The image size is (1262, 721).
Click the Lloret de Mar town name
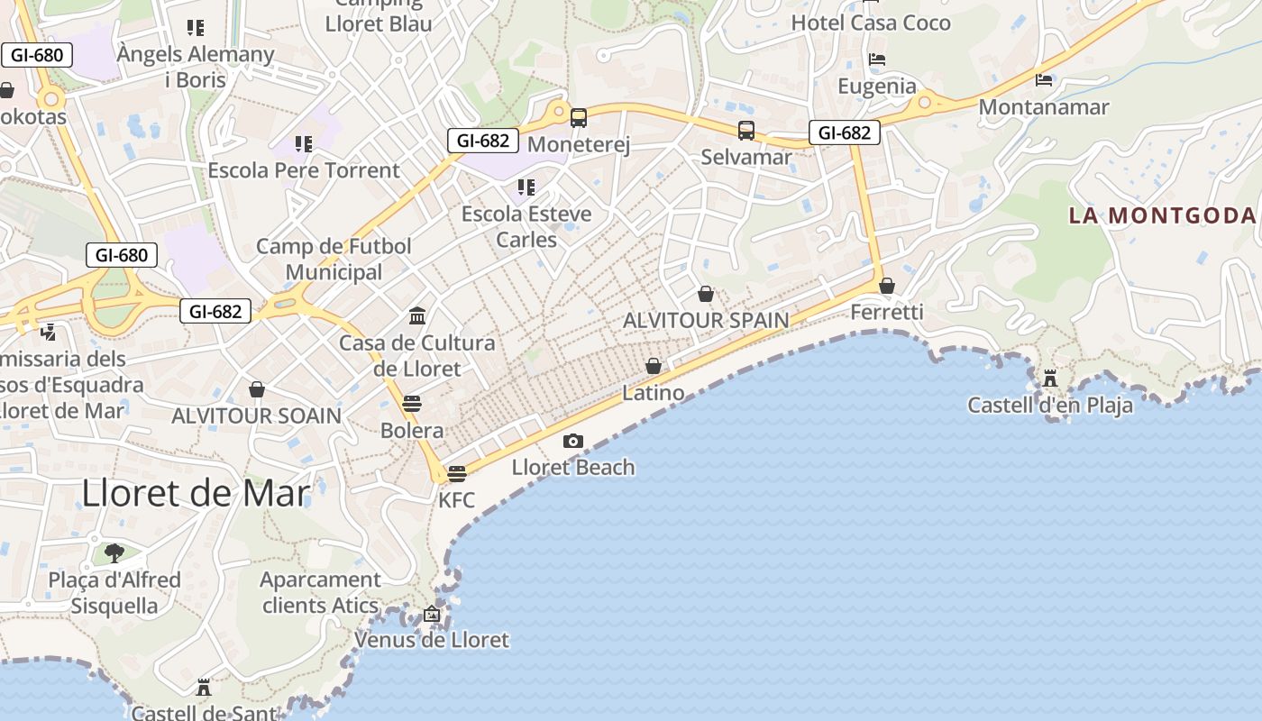tap(196, 493)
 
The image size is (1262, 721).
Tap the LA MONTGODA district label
tap(1162, 215)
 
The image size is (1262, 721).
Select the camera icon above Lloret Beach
tap(572, 441)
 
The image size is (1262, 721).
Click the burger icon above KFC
tap(456, 474)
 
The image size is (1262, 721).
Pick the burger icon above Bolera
tap(412, 403)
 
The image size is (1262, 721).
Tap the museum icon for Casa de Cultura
tap(417, 316)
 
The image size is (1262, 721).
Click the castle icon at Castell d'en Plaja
tap(1049, 378)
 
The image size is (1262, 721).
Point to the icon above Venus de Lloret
tap(432, 615)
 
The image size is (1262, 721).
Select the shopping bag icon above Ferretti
tap(887, 286)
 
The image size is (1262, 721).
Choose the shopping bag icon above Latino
tap(654, 366)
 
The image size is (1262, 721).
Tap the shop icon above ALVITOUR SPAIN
tap(706, 294)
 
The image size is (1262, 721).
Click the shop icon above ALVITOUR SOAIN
tap(257, 389)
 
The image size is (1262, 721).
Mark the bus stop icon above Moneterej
tap(579, 118)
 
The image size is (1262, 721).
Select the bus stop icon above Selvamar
tap(746, 131)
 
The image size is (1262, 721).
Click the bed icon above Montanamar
tap(1044, 80)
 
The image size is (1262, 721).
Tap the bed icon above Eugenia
tap(876, 59)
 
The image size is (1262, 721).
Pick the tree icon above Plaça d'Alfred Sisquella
tap(114, 552)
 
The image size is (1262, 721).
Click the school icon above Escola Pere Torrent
tap(304, 144)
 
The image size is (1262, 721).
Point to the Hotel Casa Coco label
tap(871, 23)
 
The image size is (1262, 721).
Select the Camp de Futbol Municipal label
tap(334, 259)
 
